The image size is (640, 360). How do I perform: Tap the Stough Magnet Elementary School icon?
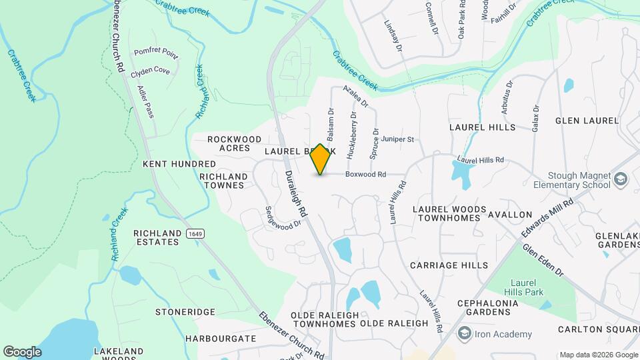621,179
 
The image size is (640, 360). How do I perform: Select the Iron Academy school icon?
465,334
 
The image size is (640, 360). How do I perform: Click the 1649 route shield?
195,233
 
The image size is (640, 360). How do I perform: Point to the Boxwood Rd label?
365,175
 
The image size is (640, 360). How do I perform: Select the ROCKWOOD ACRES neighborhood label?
234,143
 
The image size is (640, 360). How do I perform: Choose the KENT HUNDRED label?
179,164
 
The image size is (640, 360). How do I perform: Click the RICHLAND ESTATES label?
157,237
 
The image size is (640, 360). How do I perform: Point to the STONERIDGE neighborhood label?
185,312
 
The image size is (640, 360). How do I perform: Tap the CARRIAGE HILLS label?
449,265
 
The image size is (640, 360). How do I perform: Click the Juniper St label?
398,139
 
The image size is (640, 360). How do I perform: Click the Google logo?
22,351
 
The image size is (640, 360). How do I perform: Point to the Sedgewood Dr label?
283,217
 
